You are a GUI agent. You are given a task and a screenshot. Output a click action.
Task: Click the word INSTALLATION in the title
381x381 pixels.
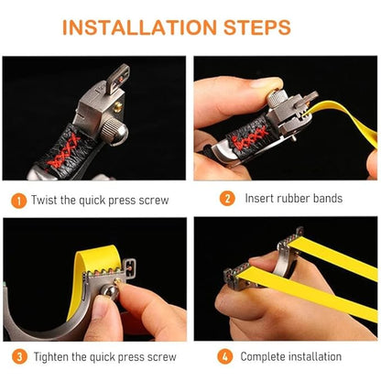pyautogui.click(x=139, y=27)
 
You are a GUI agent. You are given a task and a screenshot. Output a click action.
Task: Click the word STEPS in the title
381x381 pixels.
pyautogui.click(x=257, y=27)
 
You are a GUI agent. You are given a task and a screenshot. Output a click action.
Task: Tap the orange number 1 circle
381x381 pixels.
pyautogui.click(x=19, y=201)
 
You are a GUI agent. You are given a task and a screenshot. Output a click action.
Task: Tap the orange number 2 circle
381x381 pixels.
pyautogui.click(x=227, y=199)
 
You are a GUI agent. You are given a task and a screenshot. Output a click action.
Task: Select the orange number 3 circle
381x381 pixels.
pyautogui.click(x=19, y=356)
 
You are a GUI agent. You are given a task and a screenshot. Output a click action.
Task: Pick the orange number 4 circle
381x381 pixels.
pyautogui.click(x=225, y=356)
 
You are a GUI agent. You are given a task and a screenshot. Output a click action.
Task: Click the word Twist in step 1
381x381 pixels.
pyautogui.click(x=45, y=201)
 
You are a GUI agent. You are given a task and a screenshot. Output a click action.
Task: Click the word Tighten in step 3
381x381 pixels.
pyautogui.click(x=51, y=357)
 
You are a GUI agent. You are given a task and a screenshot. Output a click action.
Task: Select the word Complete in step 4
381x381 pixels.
pyautogui.click(x=263, y=356)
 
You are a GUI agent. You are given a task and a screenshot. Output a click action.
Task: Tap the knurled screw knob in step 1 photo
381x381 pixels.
pyautogui.click(x=114, y=131)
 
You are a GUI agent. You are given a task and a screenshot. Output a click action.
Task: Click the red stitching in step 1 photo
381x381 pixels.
pyautogui.click(x=63, y=152)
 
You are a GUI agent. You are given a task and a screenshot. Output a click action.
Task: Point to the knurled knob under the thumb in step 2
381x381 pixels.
pyautogui.click(x=276, y=97)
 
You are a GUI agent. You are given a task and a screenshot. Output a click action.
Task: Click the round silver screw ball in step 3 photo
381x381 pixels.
pyautogui.click(x=109, y=290)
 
